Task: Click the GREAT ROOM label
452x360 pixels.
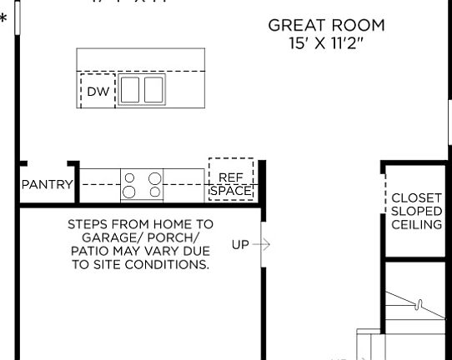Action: point(326,25)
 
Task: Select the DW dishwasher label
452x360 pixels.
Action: point(98,92)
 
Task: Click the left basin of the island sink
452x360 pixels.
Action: point(129,89)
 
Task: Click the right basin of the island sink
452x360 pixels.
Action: point(153,89)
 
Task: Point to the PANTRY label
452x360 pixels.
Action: point(47,184)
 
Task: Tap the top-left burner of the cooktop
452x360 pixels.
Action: point(129,177)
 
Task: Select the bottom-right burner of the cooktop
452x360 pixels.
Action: point(154,192)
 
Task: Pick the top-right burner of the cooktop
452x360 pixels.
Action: point(154,177)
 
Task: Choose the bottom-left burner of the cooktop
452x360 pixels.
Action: point(129,192)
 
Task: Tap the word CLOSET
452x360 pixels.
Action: point(416,198)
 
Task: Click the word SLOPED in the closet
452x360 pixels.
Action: point(416,212)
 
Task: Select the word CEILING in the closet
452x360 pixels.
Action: point(416,225)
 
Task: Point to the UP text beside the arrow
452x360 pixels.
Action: point(240,244)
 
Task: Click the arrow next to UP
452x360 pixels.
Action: point(261,244)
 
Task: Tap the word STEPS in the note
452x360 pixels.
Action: point(87,225)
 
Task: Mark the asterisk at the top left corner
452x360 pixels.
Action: point(4,17)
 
